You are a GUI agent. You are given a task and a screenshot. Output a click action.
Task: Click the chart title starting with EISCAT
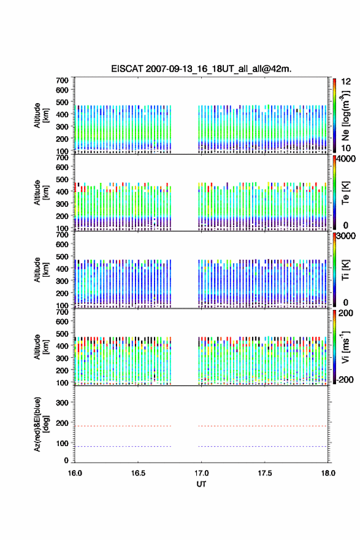coord(201,69)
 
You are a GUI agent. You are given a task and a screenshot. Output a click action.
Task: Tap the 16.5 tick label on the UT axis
coord(138,473)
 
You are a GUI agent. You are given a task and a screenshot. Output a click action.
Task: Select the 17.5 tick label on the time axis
coord(265,473)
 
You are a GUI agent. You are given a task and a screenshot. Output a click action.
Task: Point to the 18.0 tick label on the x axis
coord(328,473)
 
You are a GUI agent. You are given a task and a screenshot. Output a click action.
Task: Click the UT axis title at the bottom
coord(201,484)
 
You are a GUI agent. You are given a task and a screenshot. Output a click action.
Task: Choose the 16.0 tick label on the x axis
coord(75,473)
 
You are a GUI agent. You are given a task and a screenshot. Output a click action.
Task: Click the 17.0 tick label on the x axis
coord(201,473)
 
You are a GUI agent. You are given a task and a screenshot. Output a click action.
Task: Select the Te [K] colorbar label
coord(345,193)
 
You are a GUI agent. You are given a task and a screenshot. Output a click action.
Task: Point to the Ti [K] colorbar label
coord(345,269)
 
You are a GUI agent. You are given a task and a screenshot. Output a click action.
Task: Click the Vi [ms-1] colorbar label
coord(345,347)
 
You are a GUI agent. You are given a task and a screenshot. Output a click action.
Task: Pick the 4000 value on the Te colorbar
coord(346,159)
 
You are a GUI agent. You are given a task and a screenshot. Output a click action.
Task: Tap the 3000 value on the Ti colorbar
coord(346,236)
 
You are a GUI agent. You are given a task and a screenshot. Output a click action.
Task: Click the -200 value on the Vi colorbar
coord(343,379)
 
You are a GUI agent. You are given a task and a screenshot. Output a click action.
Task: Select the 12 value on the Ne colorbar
coord(347,82)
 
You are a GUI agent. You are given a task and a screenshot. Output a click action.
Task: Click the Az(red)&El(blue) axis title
coord(40,424)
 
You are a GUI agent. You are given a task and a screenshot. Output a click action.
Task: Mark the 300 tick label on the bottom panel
coord(62,403)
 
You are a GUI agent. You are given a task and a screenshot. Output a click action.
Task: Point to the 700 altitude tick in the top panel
coord(62,80)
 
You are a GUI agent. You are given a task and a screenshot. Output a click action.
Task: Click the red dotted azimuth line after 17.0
coord(262,426)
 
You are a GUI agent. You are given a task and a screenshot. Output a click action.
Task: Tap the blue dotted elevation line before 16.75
coord(123,446)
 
